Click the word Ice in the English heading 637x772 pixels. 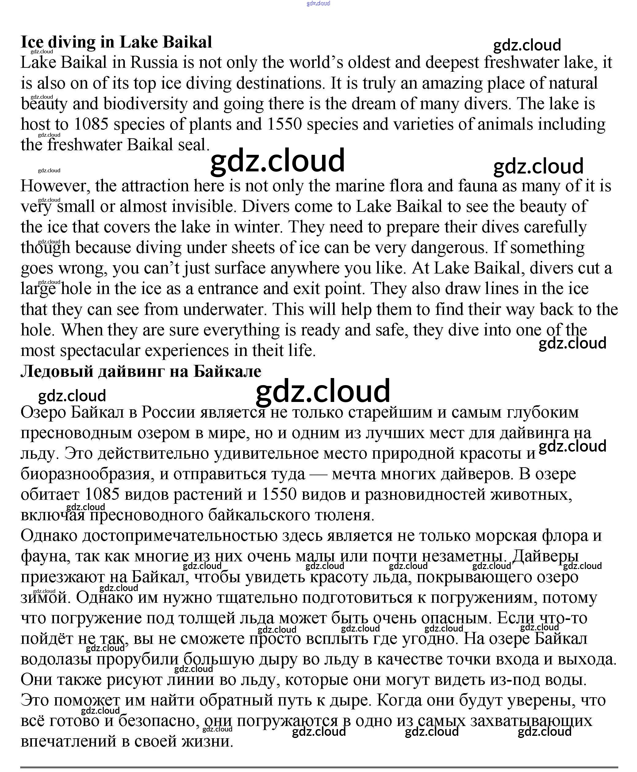(32, 42)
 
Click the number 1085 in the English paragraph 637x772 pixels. (91, 124)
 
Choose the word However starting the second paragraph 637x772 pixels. (55, 186)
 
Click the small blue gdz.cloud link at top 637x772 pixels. (318, 3)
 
